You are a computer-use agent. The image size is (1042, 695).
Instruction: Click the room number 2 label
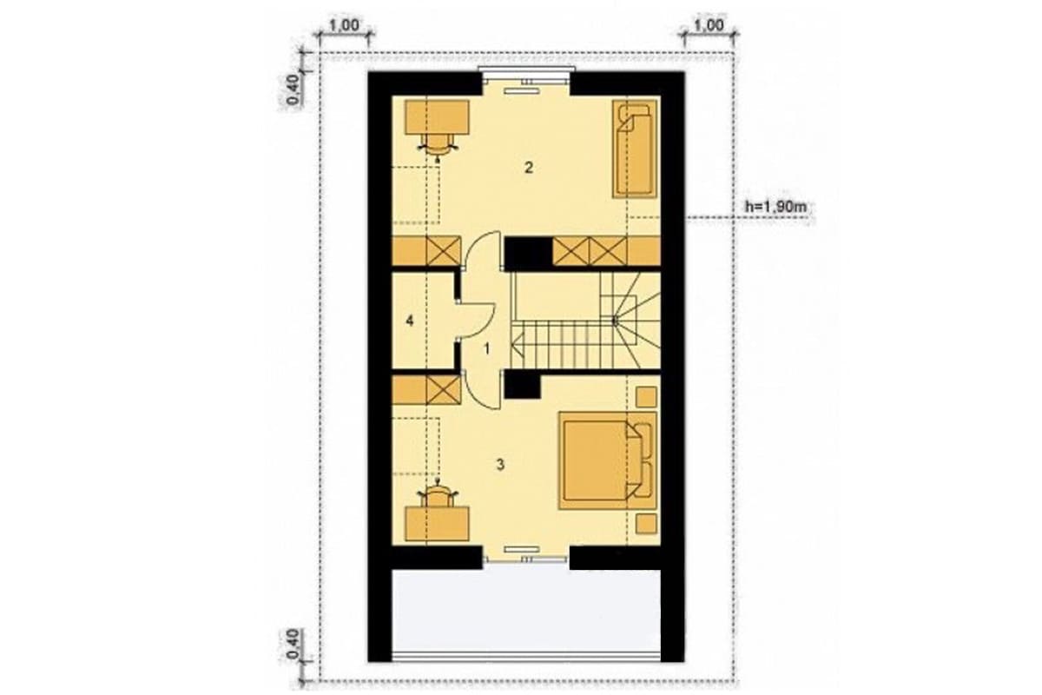click(528, 168)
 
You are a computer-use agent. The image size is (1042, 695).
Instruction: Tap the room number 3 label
click(500, 464)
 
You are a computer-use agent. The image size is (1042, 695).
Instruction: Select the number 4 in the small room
click(409, 321)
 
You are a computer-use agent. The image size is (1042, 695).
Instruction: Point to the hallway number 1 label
click(487, 348)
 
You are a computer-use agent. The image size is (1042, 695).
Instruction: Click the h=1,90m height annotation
click(775, 206)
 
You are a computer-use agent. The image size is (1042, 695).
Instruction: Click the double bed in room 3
click(608, 460)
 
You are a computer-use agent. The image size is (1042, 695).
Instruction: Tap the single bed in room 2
click(635, 149)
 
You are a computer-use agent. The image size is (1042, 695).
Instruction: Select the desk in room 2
click(437, 116)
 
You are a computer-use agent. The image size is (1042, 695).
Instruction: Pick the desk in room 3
click(437, 524)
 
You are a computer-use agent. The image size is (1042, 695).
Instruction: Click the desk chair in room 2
click(112, 146)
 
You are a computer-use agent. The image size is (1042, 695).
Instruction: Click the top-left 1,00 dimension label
click(344, 25)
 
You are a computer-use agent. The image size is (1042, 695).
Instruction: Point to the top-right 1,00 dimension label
click(709, 25)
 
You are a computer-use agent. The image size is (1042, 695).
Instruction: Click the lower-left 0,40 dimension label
click(293, 644)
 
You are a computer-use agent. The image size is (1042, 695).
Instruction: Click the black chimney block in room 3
click(523, 386)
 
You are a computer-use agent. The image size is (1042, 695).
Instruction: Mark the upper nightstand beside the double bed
click(646, 397)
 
